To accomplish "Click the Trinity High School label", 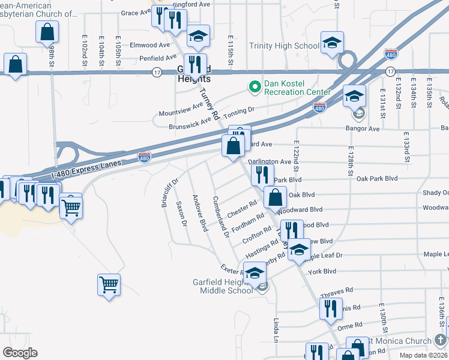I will point(285,46).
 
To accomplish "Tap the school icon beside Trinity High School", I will point(332,43).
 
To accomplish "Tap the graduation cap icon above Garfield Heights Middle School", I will point(255,274).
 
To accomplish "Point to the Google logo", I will point(20,352).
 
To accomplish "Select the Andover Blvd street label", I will point(200,213).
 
